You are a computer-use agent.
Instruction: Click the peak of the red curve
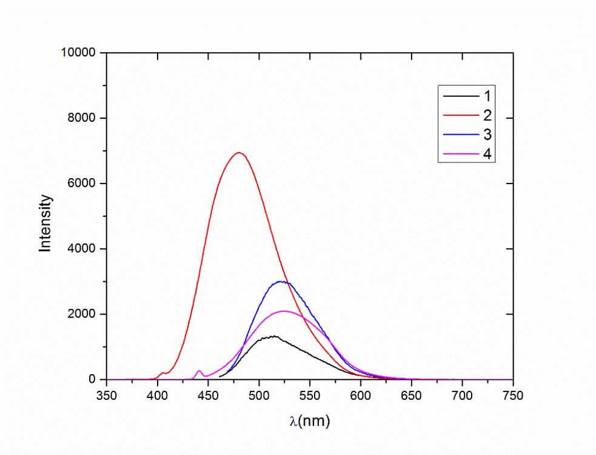tap(239, 153)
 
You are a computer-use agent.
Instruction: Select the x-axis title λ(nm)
tap(310, 420)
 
